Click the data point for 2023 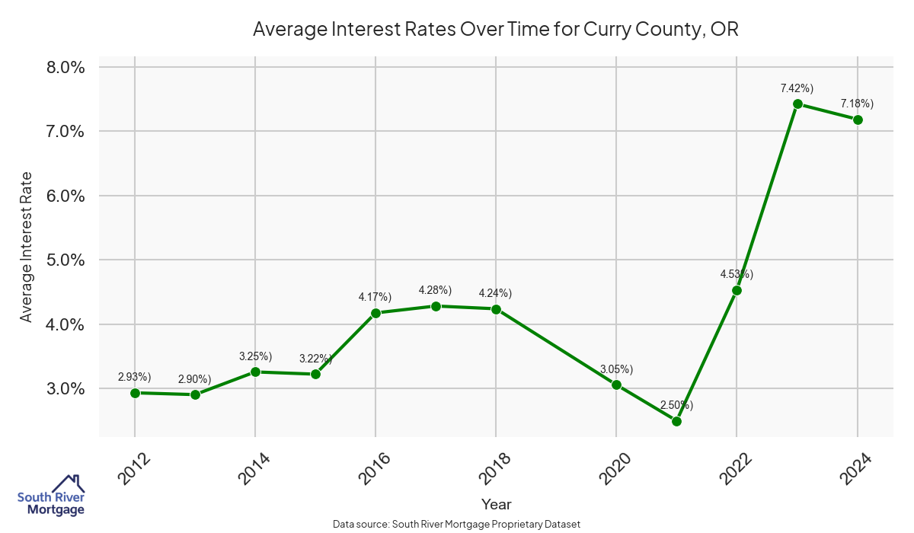pyautogui.click(x=797, y=104)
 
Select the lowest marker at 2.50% pyautogui.click(x=676, y=421)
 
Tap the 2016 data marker pyautogui.click(x=376, y=313)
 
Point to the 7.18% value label pyautogui.click(x=857, y=104)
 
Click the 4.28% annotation pyautogui.click(x=435, y=290)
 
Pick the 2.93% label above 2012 pyautogui.click(x=135, y=377)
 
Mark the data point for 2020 pyautogui.click(x=616, y=385)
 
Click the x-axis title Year pyautogui.click(x=496, y=504)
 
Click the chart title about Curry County pyautogui.click(x=496, y=30)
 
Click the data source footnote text pyautogui.click(x=457, y=525)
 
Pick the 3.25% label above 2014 pyautogui.click(x=255, y=356)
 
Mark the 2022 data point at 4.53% pyautogui.click(x=737, y=290)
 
